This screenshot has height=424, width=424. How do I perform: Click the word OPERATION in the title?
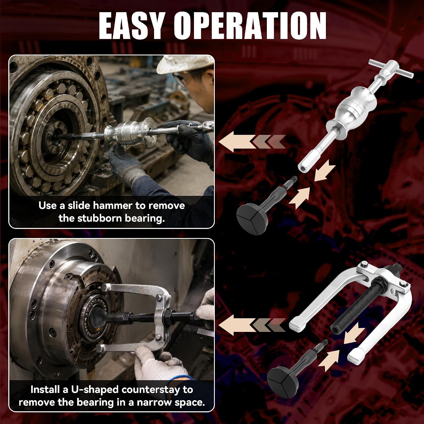[x=250, y=26]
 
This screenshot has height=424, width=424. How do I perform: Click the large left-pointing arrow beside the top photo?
[x=252, y=141]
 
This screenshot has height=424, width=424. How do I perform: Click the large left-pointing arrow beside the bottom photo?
[x=252, y=325]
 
